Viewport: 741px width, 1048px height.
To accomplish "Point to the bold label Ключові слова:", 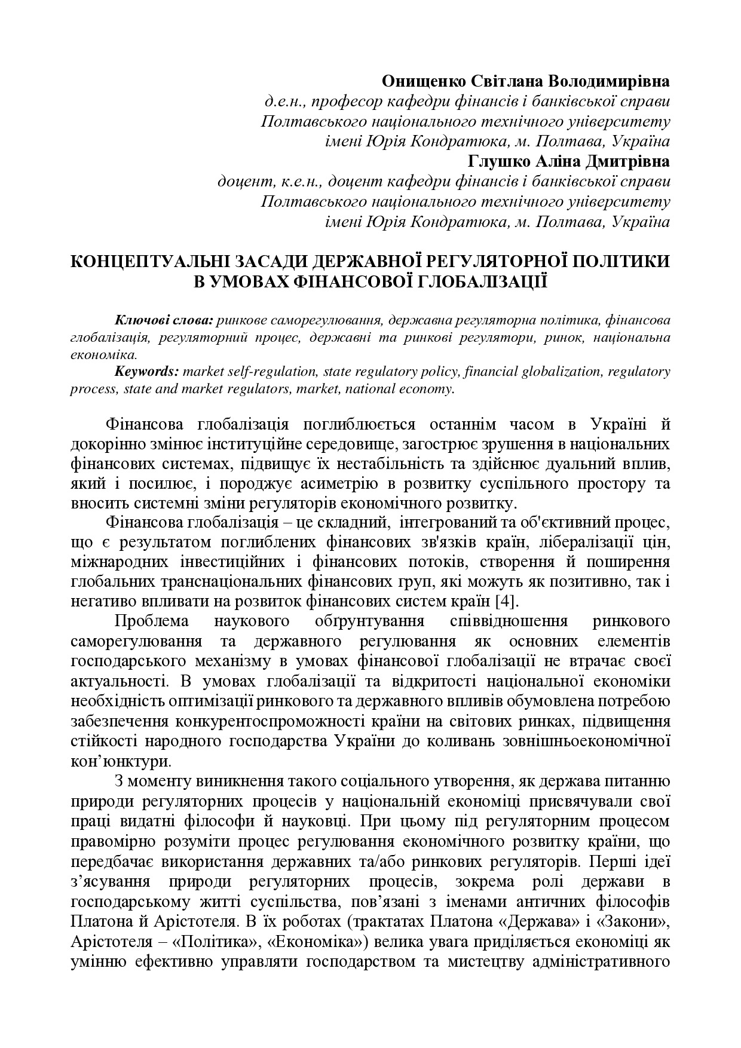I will point(164,320).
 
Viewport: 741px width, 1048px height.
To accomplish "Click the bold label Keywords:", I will point(146,371).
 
